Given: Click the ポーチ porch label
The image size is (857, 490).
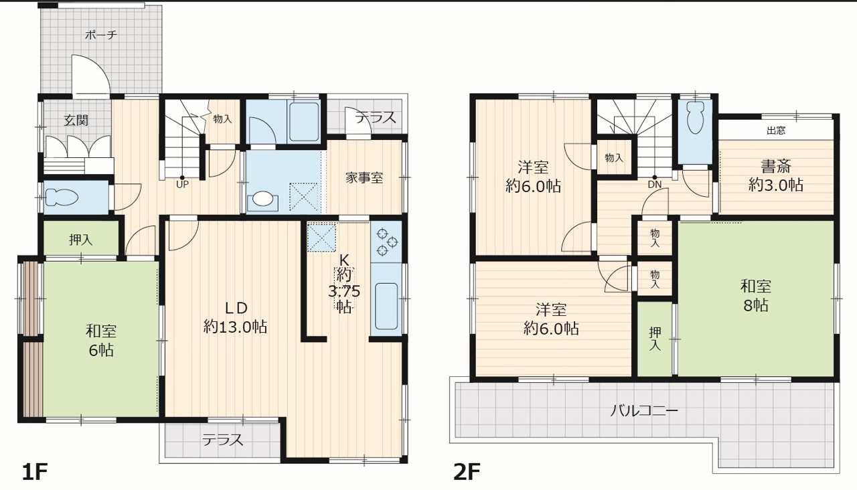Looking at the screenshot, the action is (101, 35).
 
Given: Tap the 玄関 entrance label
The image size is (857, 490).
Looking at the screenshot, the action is (76, 120).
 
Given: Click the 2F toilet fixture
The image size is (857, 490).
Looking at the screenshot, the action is (696, 117).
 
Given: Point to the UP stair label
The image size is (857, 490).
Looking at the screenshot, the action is (182, 184).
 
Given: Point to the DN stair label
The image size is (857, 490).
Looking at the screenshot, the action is (655, 184).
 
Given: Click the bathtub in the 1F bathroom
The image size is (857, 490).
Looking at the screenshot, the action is (304, 122).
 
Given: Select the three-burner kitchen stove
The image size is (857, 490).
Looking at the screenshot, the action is (386, 242).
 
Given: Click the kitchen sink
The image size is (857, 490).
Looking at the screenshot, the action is (386, 307).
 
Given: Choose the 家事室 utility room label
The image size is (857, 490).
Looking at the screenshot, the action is (364, 178).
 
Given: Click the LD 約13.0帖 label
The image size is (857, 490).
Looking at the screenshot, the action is (235, 317).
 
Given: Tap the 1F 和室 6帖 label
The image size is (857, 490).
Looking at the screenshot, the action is (101, 341).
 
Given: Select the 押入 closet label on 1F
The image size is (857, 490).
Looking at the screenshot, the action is (81, 240).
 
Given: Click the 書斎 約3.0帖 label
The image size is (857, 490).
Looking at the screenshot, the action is (775, 176).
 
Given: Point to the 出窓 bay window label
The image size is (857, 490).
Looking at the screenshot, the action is (776, 131).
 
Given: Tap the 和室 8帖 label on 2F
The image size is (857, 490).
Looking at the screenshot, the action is (756, 296).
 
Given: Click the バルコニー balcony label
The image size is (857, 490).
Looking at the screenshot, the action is (643, 411).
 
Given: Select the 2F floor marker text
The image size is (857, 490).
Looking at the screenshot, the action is (467, 472).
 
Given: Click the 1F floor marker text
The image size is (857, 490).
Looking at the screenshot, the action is (35, 472).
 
